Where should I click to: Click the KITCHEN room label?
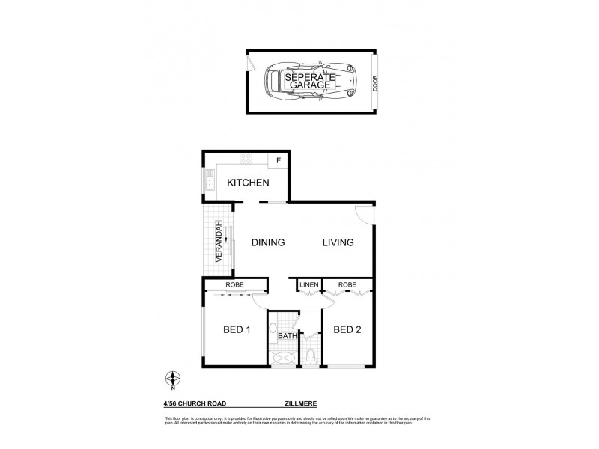coord(248,182)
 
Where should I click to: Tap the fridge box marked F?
coord(279,160)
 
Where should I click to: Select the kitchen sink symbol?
coord(210,180)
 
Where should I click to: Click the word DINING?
coord(267,242)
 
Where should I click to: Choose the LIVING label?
coord(338,242)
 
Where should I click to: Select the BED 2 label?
coord(347,329)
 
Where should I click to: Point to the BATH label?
coord(286,336)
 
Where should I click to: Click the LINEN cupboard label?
coord(310,285)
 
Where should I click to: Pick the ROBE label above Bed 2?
coord(347,285)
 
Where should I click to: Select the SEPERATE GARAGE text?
coord(309,82)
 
